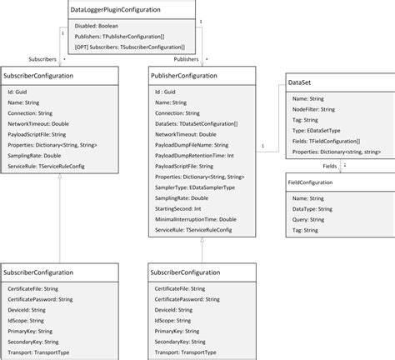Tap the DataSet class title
[x=301, y=83]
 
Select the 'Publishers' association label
[x=186, y=60]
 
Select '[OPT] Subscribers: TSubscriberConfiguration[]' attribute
[x=131, y=47]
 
